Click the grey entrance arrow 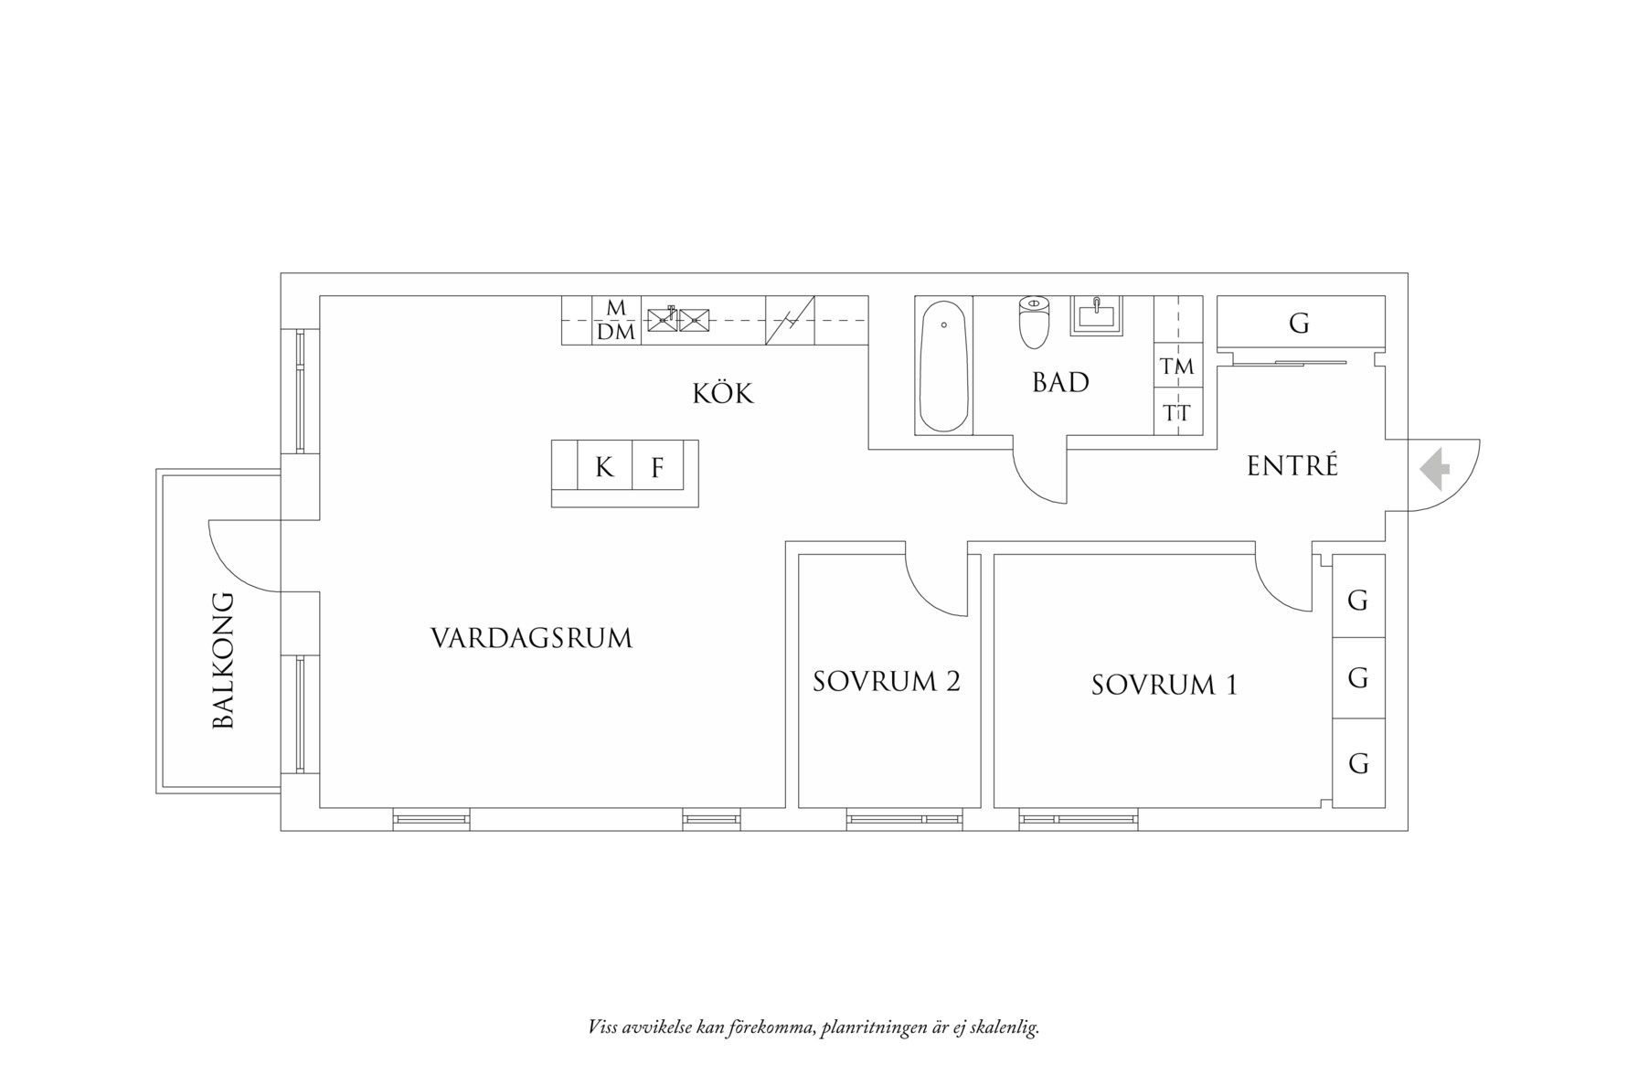point(1436,469)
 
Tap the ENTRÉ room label point(1292,466)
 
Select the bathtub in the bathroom point(943,366)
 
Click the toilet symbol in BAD point(1033,322)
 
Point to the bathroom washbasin point(1096,315)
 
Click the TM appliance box point(1177,367)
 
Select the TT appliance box point(1177,413)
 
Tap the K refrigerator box point(604,467)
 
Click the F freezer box point(657,467)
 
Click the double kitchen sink point(677,320)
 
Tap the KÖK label point(722,394)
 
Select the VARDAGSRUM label point(531,638)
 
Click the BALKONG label point(223,660)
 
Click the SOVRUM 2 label point(886,682)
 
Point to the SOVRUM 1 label point(1164,685)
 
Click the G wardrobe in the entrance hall point(1299,323)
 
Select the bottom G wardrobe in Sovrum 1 point(1358,763)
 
